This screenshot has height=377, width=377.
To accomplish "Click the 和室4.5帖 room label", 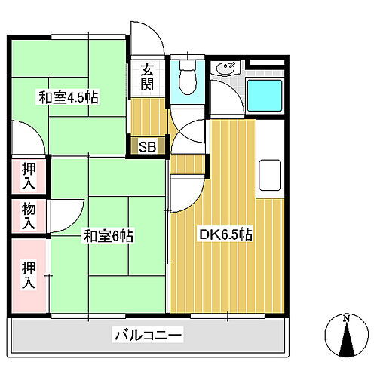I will coord(69,97).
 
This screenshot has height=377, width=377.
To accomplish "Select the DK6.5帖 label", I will coord(225,235).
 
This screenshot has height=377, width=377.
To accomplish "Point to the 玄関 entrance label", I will coord(147,76).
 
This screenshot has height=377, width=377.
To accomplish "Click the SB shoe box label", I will coord(147,146).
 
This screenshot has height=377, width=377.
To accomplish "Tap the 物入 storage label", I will coord(28,216).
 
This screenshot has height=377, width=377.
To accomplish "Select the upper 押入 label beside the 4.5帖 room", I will coord(28,174).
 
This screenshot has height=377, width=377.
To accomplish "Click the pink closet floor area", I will coord(28,294).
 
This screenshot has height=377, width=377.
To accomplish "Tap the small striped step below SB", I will coord(188,161).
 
